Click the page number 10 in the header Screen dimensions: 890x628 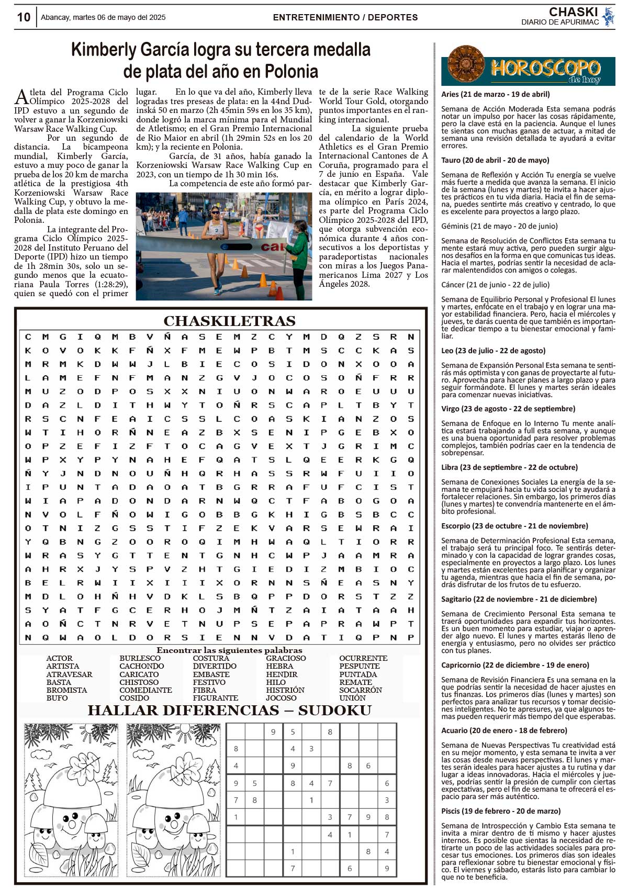[24, 17]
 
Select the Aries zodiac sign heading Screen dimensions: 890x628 [495, 95]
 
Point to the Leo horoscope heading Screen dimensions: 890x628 [493, 351]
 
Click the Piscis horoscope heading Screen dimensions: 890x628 [501, 811]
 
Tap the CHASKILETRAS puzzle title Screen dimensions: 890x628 [229, 321]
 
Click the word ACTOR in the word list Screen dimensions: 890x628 [59, 658]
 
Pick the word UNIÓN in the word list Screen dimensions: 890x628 [352, 698]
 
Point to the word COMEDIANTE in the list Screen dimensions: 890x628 [145, 690]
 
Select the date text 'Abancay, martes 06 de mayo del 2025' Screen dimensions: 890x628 [103, 17]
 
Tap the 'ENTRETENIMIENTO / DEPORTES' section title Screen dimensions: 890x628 [345, 17]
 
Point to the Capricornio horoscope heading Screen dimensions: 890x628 [515, 665]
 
